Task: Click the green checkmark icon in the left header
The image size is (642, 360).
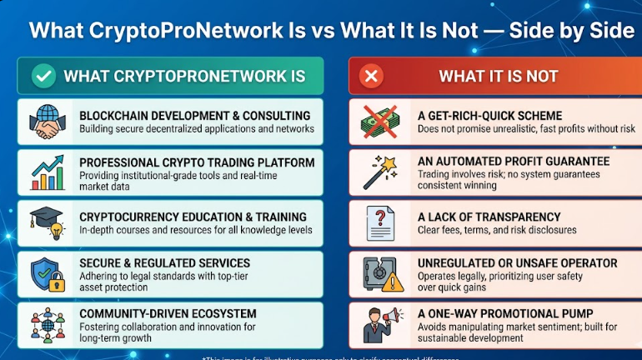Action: point(43,77)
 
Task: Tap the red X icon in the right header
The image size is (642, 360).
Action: point(371,77)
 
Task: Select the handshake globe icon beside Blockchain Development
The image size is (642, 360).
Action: point(47,122)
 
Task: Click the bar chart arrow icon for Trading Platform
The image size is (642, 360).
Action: point(47,172)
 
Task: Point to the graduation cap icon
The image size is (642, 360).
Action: point(46,222)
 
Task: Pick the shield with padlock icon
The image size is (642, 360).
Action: point(47,273)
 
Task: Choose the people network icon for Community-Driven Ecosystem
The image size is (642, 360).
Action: point(47,325)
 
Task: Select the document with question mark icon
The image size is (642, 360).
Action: point(381,223)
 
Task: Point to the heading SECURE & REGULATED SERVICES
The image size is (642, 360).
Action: point(164,263)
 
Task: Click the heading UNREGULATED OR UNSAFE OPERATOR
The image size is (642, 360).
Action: point(518,263)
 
